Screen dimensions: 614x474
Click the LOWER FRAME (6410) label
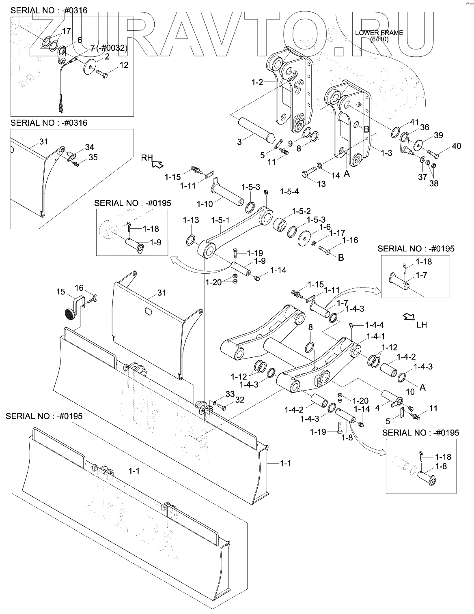(x=379, y=36)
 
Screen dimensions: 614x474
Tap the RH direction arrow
(x=157, y=164)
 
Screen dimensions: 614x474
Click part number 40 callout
(x=456, y=146)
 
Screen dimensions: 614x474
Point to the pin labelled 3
(x=256, y=130)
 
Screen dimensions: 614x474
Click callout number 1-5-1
(x=220, y=220)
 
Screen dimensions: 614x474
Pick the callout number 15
(x=60, y=292)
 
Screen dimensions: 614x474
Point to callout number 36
(x=424, y=127)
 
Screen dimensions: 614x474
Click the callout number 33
(x=230, y=394)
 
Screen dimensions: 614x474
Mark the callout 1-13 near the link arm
(x=191, y=220)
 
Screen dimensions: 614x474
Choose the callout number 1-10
(x=205, y=204)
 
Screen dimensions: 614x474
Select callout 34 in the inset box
(x=89, y=147)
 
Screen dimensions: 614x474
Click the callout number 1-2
(x=257, y=82)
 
